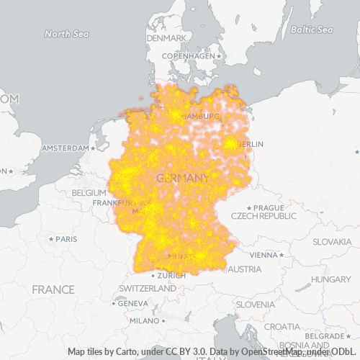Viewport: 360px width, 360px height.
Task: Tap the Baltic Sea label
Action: point(312,30)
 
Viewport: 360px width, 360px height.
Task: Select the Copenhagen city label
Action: point(189,55)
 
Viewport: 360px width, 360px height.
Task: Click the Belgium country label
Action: point(89,193)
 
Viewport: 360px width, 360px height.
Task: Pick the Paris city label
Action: point(66,238)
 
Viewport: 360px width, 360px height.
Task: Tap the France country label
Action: point(53,289)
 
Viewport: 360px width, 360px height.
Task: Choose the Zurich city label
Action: point(172,275)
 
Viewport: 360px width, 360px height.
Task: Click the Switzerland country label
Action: point(147,288)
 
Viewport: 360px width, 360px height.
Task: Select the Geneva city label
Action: point(132,303)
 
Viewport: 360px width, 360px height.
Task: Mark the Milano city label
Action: point(143,320)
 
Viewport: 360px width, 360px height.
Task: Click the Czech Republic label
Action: point(264,216)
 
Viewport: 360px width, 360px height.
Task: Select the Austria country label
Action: point(245,269)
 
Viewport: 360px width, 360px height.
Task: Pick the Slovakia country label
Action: point(330,241)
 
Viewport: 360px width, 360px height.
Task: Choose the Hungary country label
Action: point(331,279)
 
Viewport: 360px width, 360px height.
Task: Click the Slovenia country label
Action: point(256,304)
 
